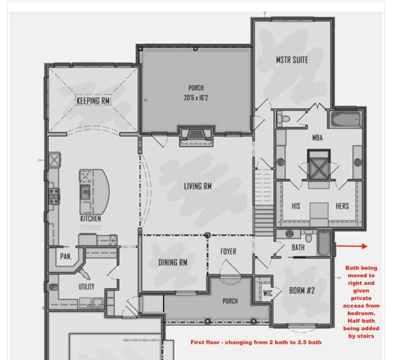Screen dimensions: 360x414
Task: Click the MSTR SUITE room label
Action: click(292, 60)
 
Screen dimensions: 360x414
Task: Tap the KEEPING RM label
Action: click(93, 101)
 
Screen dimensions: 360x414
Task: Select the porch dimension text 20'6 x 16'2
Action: click(196, 98)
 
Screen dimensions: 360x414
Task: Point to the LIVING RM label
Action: click(197, 186)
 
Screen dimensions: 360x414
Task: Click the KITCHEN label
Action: click(91, 219)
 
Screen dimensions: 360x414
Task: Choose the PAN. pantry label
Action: click(66, 256)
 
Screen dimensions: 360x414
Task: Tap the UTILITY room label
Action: click(87, 286)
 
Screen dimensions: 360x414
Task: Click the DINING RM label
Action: click(173, 263)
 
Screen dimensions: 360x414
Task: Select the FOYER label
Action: click(229, 252)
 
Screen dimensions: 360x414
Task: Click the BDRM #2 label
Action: click(302, 291)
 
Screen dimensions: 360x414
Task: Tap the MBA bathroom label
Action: click(317, 138)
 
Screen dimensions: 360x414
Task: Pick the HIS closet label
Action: click(296, 206)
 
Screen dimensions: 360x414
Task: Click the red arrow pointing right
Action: click(351, 246)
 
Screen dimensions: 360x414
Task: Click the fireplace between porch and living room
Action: click(197, 134)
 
